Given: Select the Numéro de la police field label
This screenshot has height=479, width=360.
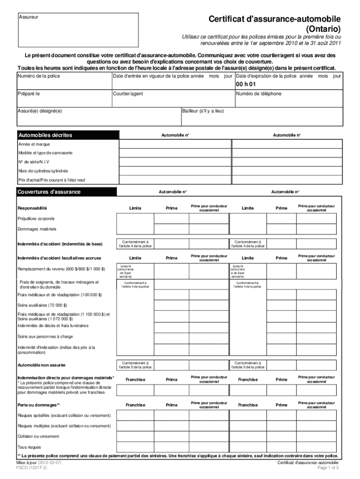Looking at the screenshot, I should pos(39,76).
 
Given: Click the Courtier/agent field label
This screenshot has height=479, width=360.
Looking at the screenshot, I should pos(129,94).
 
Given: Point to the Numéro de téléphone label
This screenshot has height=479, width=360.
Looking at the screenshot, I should pos(259,94).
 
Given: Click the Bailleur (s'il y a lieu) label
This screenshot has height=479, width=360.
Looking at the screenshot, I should pos(203,111).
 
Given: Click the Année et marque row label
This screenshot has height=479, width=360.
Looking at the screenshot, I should pos(34,144).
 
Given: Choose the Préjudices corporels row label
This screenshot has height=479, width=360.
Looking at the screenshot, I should pos(36,218).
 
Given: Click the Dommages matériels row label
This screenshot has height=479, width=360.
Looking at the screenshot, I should pos(36,229).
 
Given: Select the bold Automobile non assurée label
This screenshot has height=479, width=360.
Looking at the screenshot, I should pos(41,364).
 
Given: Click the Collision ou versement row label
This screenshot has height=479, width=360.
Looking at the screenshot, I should pos(38,436).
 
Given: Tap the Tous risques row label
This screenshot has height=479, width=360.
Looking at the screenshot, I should pos(29,447).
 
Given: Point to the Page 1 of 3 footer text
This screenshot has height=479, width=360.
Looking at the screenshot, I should pos(328,467).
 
